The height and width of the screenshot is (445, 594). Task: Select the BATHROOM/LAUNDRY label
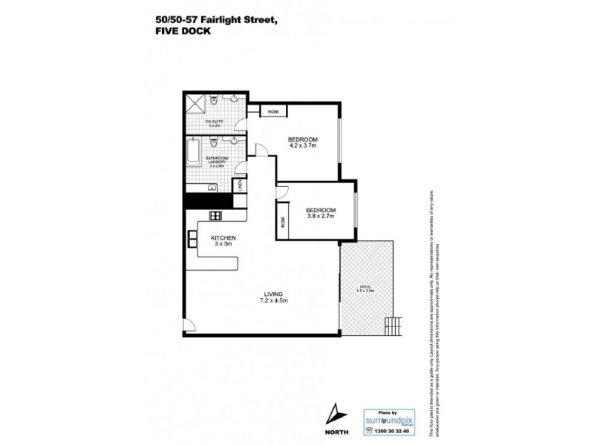pos(217,162)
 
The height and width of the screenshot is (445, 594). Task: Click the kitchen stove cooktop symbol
pos(215,216)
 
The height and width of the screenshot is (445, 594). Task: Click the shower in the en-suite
pos(195,103)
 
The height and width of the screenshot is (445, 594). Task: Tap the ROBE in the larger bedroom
pos(273,111)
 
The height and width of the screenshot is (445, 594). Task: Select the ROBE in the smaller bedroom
pos(283,222)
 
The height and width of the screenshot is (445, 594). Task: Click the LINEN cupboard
pos(241,186)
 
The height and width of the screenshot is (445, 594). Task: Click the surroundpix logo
pos(383,420)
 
